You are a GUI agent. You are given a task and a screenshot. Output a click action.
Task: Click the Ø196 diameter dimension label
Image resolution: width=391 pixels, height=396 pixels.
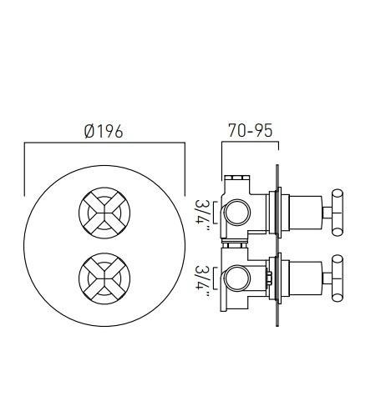[x=104, y=131]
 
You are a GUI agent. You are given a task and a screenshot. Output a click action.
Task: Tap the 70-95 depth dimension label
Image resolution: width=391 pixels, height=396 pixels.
[x=250, y=130]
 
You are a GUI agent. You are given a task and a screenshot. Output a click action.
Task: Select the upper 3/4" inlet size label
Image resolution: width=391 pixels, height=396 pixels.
[x=202, y=213]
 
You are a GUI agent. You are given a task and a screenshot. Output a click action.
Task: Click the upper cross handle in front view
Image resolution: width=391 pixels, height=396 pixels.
[x=104, y=213]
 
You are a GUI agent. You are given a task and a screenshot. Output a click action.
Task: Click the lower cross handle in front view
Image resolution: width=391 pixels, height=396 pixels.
[x=104, y=278]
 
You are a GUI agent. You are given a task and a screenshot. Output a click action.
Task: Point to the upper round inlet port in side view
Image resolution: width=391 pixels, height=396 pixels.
[x=237, y=213]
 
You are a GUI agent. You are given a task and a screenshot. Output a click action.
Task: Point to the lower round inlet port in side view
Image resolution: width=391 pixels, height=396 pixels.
[x=237, y=279]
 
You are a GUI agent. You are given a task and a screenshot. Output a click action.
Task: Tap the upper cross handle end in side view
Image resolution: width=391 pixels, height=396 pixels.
[x=338, y=213]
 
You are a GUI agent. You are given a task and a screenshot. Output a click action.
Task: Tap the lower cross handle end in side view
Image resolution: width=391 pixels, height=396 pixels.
[x=338, y=278]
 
